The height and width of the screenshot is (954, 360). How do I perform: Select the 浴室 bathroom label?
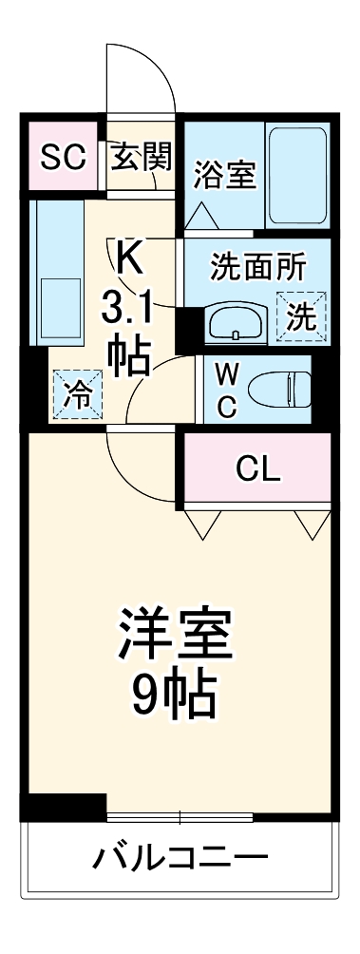tap(225, 175)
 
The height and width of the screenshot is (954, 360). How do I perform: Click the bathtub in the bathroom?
tap(296, 170)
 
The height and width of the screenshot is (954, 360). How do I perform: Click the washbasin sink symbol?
tap(235, 323)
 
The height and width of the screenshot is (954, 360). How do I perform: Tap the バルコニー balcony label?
tap(178, 862)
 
